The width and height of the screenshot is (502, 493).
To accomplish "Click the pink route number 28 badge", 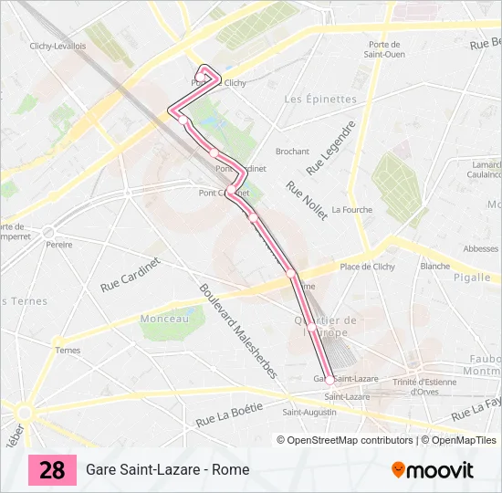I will tap(52, 470).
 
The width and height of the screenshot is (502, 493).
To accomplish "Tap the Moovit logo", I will tap(433, 470).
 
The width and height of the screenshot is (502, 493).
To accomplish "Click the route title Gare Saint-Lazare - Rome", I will tap(167, 470).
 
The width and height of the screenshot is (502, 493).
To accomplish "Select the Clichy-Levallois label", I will tap(58, 46).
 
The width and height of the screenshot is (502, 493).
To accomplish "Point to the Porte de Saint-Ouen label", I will tap(384, 49).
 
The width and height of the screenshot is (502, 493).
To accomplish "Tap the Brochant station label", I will tap(292, 152).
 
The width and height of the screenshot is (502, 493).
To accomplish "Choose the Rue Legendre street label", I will tap(329, 148).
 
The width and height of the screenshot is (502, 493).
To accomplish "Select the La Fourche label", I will tap(351, 209).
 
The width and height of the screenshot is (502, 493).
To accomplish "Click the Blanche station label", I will tap(435, 267).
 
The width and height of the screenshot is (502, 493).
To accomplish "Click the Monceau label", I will tap(164, 319).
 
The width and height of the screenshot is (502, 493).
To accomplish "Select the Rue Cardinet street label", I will tap(130, 274).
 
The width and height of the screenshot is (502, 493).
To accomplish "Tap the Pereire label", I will tap(59, 245).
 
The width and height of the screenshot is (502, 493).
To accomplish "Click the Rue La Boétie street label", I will tap(229, 414).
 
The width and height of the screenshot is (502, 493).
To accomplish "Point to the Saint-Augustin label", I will tap(309, 413).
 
